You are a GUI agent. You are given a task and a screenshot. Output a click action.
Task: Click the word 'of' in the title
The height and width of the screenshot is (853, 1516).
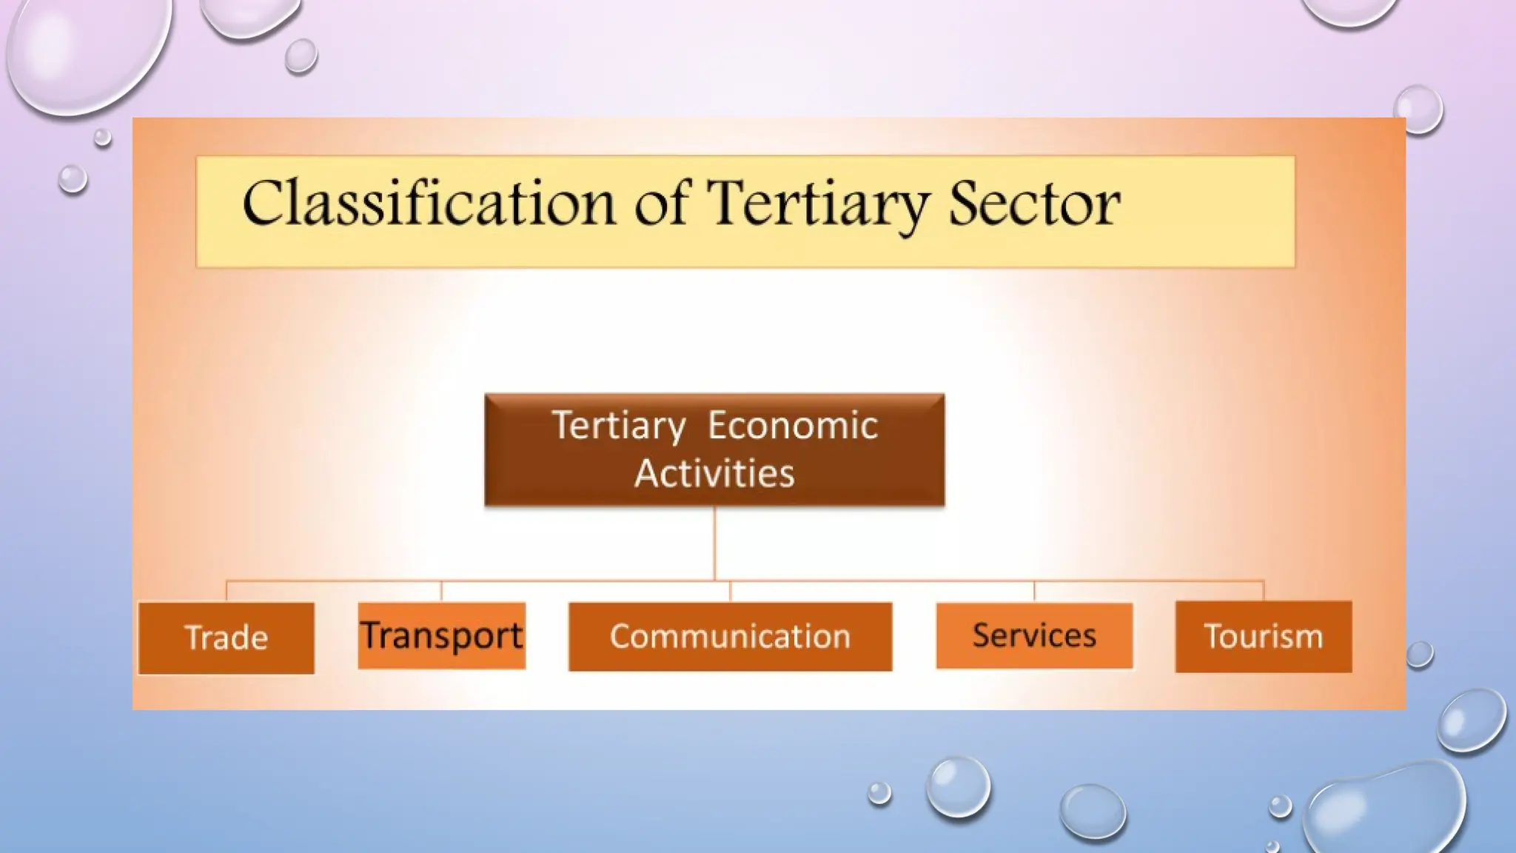(x=661, y=203)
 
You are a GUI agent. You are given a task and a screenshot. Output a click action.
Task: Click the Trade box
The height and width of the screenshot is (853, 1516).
(x=227, y=638)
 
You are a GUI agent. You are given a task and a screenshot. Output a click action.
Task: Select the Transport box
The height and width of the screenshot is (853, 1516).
(x=442, y=636)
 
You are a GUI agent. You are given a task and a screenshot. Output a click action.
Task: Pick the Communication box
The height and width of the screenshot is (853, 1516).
(x=730, y=637)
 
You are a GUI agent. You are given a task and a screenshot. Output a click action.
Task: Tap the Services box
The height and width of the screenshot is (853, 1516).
(x=1034, y=636)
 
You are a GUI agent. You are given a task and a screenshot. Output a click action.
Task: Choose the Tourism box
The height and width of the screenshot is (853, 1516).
(x=1263, y=637)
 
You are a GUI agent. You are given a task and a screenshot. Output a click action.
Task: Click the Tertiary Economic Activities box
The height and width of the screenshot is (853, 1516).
(x=714, y=449)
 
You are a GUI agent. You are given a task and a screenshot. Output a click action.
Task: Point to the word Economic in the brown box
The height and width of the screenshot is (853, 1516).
(x=792, y=426)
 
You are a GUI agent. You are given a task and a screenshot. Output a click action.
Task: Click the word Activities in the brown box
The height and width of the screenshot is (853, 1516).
(x=714, y=473)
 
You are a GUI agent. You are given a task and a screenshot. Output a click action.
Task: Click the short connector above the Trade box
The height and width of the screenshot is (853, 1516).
(x=227, y=591)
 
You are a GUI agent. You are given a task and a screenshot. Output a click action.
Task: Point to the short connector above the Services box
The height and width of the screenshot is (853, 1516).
(x=1034, y=591)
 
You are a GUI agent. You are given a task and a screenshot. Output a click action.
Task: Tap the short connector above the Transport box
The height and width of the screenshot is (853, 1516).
(x=441, y=591)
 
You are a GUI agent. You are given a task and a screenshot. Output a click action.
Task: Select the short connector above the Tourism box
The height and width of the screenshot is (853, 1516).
(x=1264, y=590)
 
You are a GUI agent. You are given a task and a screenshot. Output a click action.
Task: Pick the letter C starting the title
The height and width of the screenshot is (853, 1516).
(x=263, y=203)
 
